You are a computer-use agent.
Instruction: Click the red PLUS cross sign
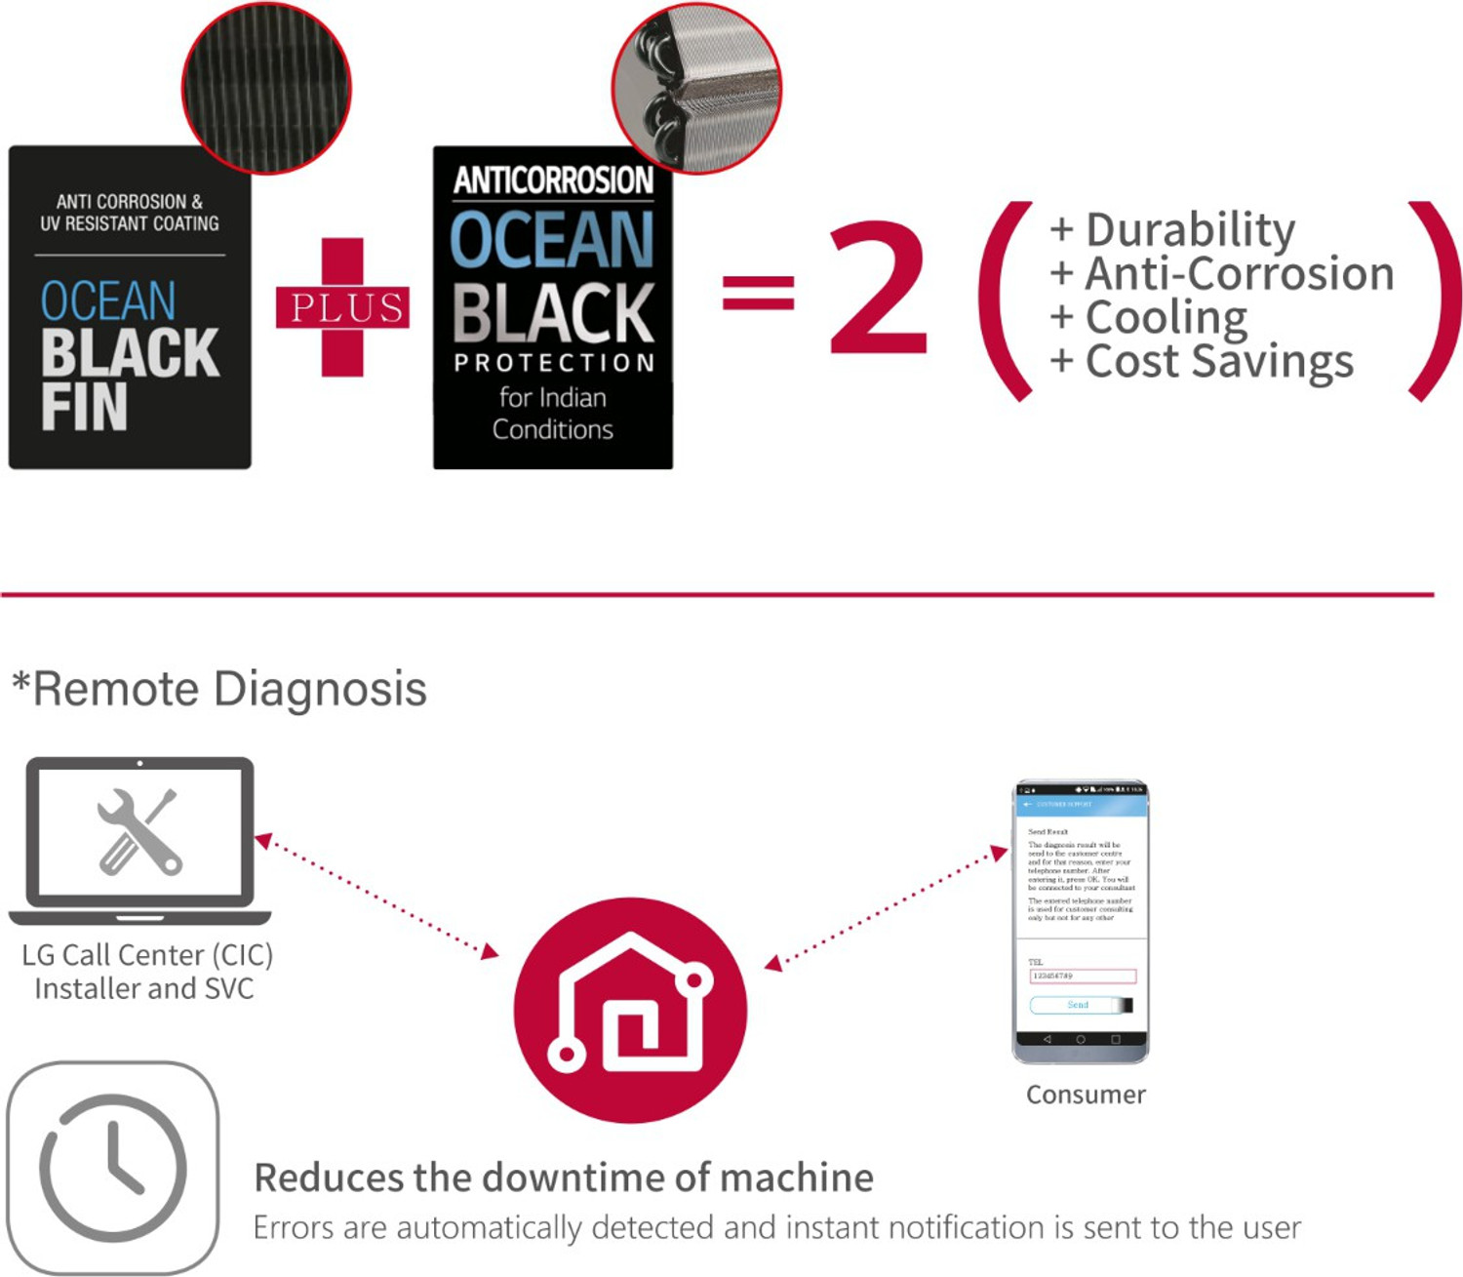(342, 307)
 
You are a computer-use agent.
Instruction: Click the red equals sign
(758, 292)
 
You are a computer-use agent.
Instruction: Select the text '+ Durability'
(1172, 230)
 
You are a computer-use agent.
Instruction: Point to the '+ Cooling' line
(1149, 317)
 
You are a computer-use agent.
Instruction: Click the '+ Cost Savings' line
(1202, 361)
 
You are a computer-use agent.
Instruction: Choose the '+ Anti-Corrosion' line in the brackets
(1222, 274)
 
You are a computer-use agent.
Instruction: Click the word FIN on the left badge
(84, 407)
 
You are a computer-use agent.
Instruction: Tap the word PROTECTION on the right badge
(553, 363)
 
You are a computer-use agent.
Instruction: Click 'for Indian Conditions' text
(553, 414)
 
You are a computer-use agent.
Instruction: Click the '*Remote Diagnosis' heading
(219, 689)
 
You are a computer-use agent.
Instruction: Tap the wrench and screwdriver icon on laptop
(139, 832)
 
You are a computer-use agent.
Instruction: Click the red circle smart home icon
(630, 1010)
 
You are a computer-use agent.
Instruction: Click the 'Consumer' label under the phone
(1086, 1095)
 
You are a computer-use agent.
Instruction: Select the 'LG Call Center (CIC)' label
(147, 954)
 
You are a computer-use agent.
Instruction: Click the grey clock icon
(113, 1168)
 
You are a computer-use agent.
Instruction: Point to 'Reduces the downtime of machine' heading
(564, 1177)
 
